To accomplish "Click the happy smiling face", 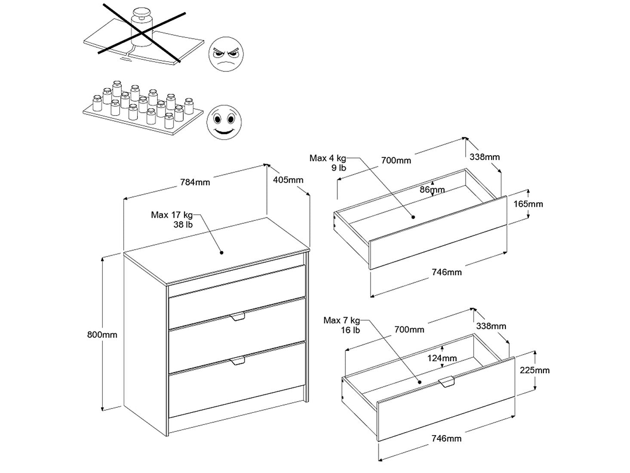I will tap(224, 120).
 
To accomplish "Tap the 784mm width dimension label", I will tap(195, 182).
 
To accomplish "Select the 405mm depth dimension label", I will tap(288, 179).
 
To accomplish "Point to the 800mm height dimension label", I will tap(102, 334).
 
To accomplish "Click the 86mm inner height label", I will tap(432, 189).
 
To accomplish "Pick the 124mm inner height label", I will tap(443, 358).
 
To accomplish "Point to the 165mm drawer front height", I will tap(528, 204).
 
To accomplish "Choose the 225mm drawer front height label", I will tap(535, 370).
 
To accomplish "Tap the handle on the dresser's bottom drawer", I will tap(237, 361).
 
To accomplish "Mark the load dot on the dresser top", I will tap(222, 253).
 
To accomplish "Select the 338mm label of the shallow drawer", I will tap(485, 157).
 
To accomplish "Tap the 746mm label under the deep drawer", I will tap(447, 438).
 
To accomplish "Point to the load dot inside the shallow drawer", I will tap(413, 217).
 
